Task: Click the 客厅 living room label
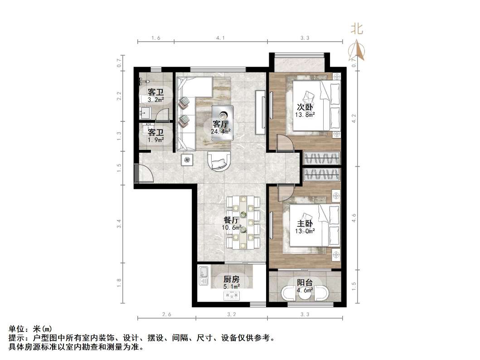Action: click(x=220, y=123)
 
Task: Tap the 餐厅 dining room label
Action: click(x=232, y=220)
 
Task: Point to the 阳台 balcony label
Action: click(x=305, y=283)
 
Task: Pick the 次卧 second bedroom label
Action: click(x=305, y=107)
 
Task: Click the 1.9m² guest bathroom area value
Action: click(x=155, y=140)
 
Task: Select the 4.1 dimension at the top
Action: click(x=220, y=38)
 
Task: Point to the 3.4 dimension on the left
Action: click(x=119, y=223)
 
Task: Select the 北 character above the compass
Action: click(x=357, y=29)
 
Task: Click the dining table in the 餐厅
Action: click(x=244, y=222)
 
